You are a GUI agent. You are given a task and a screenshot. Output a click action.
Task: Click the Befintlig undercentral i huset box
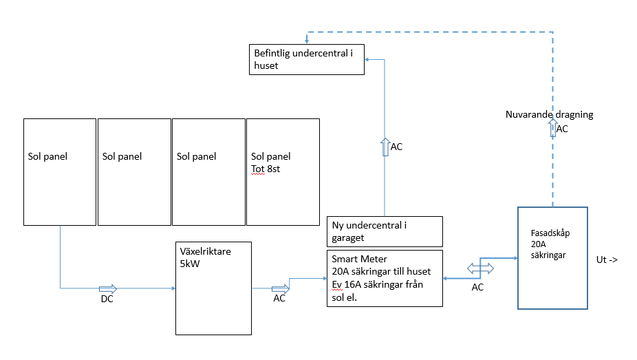coord(306,59)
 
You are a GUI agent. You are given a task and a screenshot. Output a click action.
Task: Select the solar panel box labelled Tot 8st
coord(283,171)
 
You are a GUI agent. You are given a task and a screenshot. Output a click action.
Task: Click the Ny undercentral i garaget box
coord(384,231)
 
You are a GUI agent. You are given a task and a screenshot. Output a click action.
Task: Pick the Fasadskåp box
coord(552,258)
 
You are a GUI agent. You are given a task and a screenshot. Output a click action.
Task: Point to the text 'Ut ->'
coord(607,260)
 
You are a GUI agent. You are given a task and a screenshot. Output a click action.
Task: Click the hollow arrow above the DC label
coord(108,288)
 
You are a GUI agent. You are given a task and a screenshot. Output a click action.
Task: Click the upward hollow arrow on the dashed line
coord(552,129)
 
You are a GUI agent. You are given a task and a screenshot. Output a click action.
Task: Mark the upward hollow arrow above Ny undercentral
coord(384,147)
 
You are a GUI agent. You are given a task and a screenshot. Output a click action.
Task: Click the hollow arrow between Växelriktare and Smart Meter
coord(280,288)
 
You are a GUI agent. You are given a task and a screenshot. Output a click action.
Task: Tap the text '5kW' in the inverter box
coord(189,263)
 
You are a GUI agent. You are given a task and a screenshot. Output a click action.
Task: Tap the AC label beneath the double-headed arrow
coord(477,287)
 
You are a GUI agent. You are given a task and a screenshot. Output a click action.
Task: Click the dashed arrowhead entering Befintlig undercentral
coord(307,42)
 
